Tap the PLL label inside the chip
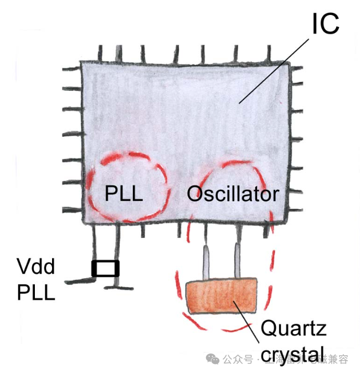pyautogui.click(x=124, y=194)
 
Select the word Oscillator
pyautogui.click(x=232, y=194)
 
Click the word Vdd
pyautogui.click(x=36, y=268)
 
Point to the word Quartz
pyautogui.click(x=293, y=329)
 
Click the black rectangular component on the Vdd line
pyautogui.click(x=105, y=268)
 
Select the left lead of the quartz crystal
pyautogui.click(x=207, y=263)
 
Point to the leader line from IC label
pyautogui.click(x=274, y=69)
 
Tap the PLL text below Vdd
pyautogui.click(x=36, y=292)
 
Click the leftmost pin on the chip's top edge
pyautogui.click(x=101, y=54)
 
